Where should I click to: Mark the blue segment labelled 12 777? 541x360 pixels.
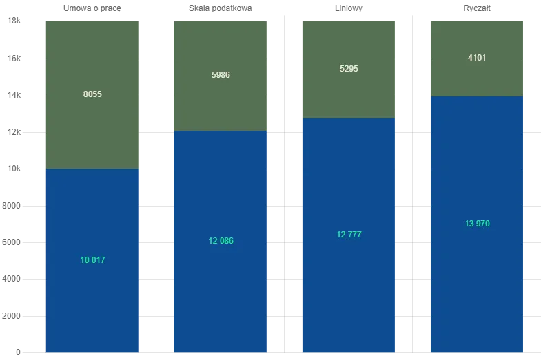click(348, 289)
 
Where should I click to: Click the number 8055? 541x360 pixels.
click(92, 94)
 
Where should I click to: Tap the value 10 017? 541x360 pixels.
click(92, 260)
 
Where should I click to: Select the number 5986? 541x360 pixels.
click(221, 75)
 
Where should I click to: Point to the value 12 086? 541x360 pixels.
click(221, 241)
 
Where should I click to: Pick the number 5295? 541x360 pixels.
click(349, 69)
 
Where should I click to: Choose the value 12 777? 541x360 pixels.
click(349, 235)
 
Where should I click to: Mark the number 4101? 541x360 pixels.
click(477, 58)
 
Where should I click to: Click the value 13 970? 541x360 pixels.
click(477, 224)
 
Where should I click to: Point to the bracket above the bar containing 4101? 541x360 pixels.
click(477, 7)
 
